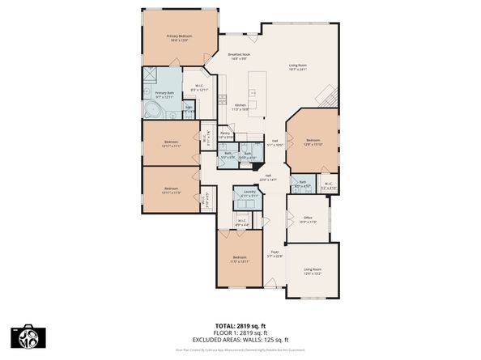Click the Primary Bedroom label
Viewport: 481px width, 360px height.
179,36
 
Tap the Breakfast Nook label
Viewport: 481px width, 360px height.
239,54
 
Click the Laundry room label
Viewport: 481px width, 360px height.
246,194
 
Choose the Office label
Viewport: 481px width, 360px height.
307,218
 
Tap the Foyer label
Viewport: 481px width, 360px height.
275,252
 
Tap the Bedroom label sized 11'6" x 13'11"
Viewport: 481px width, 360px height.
239,259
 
